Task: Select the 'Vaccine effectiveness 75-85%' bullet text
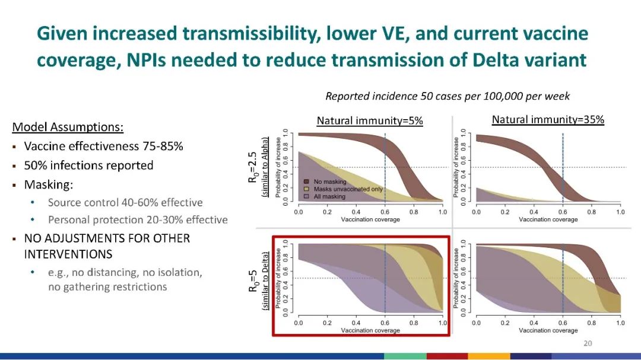coord(103,146)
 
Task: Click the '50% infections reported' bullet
coord(88,165)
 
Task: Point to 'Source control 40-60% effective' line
coord(125,203)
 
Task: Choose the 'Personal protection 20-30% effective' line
coord(138,220)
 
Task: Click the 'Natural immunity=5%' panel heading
coord(370,121)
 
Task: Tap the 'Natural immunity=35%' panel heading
coord(548,120)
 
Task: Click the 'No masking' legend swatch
coord(307,181)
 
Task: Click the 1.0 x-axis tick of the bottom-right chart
coord(620,323)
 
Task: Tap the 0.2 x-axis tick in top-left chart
coord(327,212)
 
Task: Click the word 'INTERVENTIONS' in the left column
coord(68,254)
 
